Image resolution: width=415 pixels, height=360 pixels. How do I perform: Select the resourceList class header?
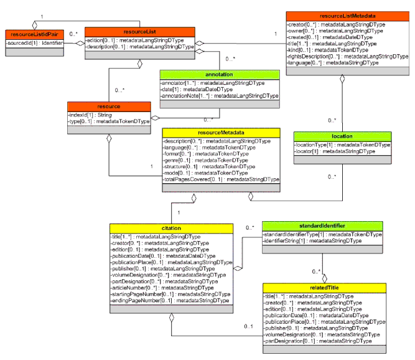(141, 31)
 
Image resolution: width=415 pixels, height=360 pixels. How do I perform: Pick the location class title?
(342, 136)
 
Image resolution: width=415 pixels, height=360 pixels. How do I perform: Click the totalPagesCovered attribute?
(221, 179)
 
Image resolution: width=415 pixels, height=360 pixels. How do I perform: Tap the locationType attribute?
(342, 144)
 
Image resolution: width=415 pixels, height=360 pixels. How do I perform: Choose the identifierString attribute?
(311, 240)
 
